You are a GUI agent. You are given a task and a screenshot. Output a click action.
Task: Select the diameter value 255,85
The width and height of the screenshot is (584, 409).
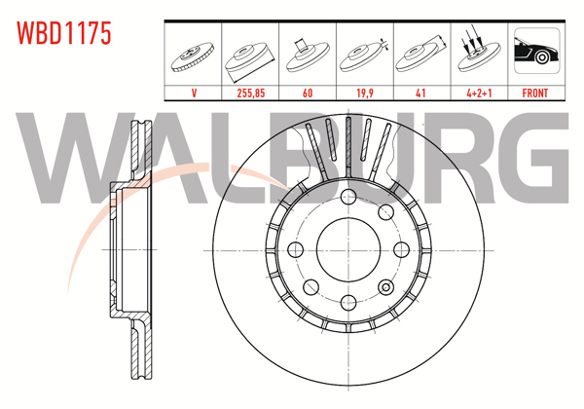click(251, 93)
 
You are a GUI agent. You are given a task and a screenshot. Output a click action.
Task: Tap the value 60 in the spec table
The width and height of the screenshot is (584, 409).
click(309, 93)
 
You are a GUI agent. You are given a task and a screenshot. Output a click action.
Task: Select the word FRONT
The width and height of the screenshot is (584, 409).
click(535, 93)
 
